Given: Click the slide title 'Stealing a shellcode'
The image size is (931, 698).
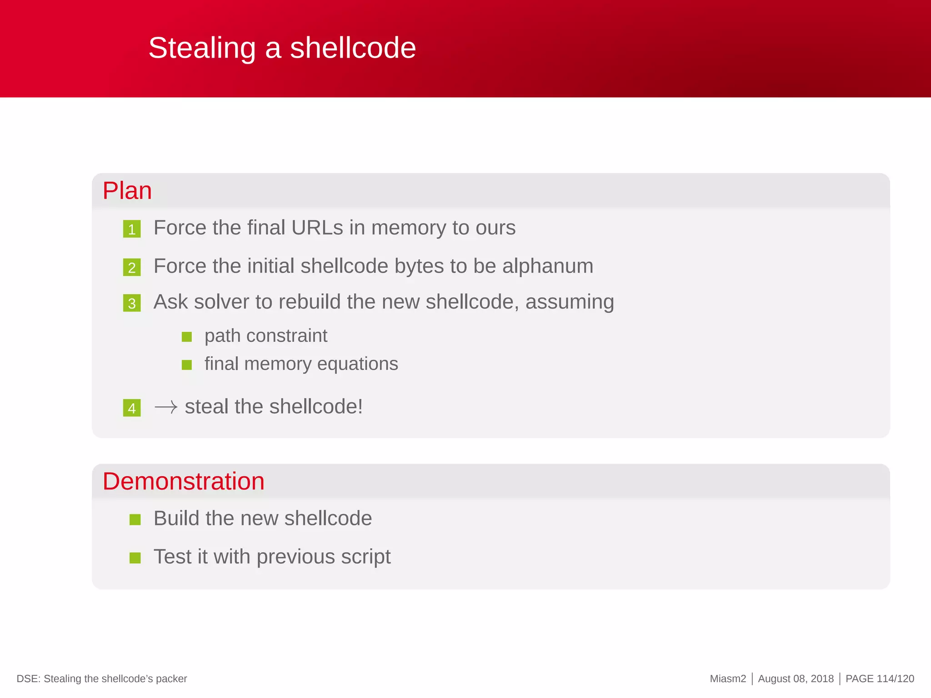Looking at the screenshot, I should click(282, 48).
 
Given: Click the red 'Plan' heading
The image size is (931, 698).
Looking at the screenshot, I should click(127, 190).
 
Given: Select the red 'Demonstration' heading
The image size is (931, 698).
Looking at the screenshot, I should click(183, 481).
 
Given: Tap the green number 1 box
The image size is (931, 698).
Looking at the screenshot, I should click(132, 229).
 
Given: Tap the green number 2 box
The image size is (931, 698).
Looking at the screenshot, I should click(132, 267).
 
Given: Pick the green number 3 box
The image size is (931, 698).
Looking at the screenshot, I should click(132, 303).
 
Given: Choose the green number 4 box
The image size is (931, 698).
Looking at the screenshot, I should click(132, 408).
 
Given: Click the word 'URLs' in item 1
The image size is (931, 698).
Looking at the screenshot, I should click(317, 228).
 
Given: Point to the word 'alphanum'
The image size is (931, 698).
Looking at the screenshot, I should click(547, 266).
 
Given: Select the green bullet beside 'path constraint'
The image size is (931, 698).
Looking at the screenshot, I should click(186, 337).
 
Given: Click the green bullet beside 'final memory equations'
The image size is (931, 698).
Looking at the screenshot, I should click(186, 364).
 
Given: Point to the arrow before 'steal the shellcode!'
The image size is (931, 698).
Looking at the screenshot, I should click(165, 407).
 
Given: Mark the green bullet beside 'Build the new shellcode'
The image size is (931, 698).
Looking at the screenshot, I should click(135, 519).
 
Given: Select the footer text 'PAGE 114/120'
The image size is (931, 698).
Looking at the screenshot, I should click(879, 679).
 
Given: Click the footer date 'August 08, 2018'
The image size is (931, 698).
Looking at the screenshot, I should click(796, 679).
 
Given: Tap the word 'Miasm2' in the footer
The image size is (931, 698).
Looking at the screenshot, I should click(728, 679).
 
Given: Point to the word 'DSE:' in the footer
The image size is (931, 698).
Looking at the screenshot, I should click(28, 679).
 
